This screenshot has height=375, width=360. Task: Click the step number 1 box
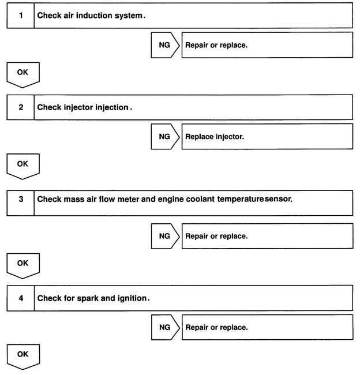[x=21, y=15]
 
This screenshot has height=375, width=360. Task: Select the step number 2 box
[x=21, y=107]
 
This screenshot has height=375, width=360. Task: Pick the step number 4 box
[x=21, y=298]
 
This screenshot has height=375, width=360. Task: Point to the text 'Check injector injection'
[x=84, y=107]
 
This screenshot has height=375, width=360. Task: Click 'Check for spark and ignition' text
[x=93, y=298]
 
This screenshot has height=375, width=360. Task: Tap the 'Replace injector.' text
[x=213, y=137]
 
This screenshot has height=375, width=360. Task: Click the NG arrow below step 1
[x=166, y=45]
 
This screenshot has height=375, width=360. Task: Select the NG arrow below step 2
[x=166, y=137]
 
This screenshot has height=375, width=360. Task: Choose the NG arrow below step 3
[x=166, y=236]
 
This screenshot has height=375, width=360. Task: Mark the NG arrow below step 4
[x=166, y=328]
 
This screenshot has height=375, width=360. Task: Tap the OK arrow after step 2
[x=22, y=166]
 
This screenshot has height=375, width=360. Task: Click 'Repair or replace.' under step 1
[x=216, y=45]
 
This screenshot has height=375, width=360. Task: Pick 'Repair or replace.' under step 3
[x=216, y=236]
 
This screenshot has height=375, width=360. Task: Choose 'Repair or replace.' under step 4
[x=216, y=328]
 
